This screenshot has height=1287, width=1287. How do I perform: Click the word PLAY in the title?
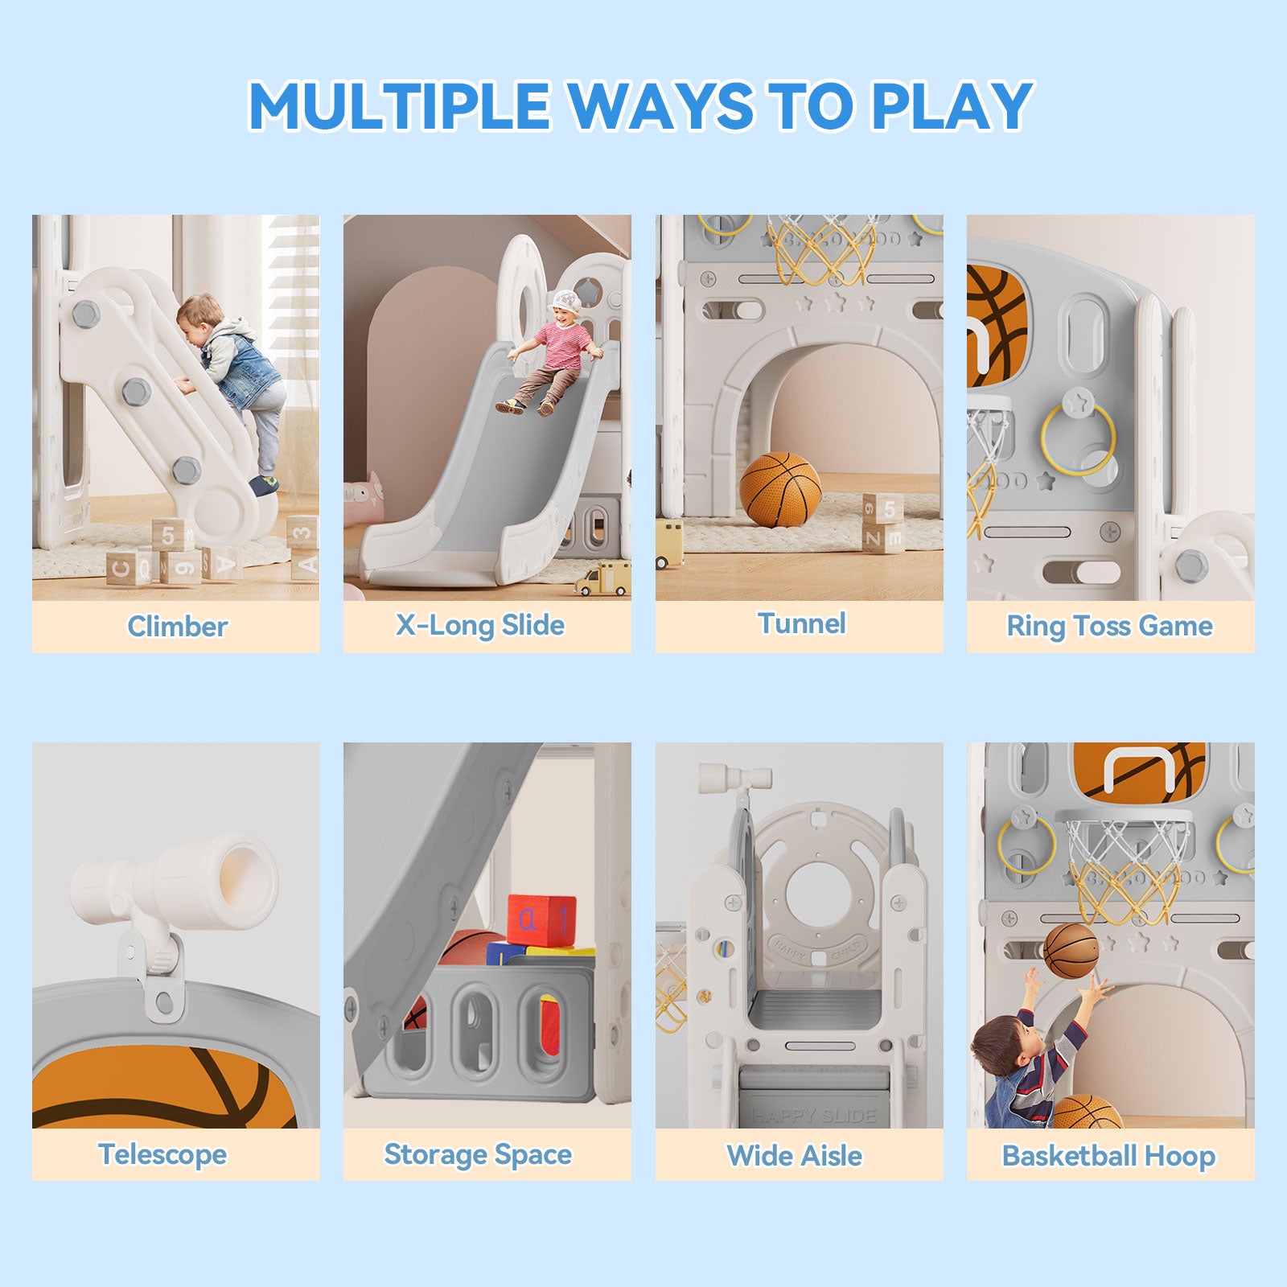pyautogui.click(x=952, y=105)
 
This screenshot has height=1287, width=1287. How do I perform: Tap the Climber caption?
pyautogui.click(x=177, y=627)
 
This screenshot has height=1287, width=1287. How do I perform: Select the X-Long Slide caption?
pyautogui.click(x=480, y=625)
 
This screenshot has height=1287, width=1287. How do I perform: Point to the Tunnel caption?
pyautogui.click(x=802, y=623)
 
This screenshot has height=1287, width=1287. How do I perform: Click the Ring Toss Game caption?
pyautogui.click(x=1110, y=626)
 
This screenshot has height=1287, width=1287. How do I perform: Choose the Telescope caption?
pyautogui.click(x=162, y=1155)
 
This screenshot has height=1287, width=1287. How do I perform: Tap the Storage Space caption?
pyautogui.click(x=478, y=1155)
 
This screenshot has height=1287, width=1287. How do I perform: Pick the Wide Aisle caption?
pyautogui.click(x=795, y=1156)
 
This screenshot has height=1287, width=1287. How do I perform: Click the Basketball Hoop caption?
pyautogui.click(x=1108, y=1156)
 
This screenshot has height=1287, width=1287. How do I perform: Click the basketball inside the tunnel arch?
pyautogui.click(x=780, y=489)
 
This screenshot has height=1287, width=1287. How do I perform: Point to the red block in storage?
pyautogui.click(x=541, y=920)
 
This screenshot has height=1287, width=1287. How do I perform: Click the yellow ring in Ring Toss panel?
pyautogui.click(x=1079, y=439)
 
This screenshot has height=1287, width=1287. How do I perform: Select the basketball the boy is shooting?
pyautogui.click(x=1071, y=951)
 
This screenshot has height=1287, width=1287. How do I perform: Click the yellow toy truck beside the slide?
pyautogui.click(x=603, y=578)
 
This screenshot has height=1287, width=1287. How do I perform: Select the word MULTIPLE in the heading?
pyautogui.click(x=399, y=105)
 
